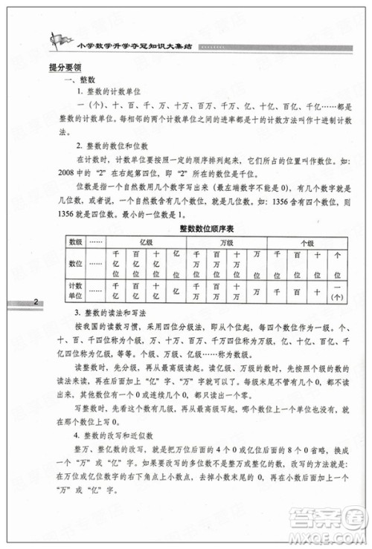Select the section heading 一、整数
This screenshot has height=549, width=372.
click(80, 79)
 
